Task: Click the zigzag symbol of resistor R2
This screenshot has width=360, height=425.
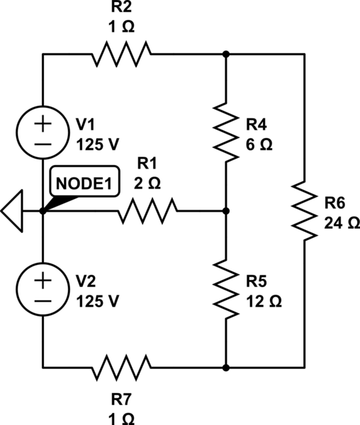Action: coord(121,55)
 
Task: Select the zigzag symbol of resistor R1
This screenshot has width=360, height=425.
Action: coord(147,210)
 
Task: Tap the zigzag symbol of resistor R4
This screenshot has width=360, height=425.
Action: coord(226,132)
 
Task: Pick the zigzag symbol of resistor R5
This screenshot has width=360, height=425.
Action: coord(226,289)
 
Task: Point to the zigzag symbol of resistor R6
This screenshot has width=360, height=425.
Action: coord(304,211)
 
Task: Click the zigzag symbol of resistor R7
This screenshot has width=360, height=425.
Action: coord(121,367)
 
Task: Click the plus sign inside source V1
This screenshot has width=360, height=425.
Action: coord(43,124)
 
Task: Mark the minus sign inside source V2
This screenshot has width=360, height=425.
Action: coord(43,301)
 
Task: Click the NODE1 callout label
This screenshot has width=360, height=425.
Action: coord(84,181)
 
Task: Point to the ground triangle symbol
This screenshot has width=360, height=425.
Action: coord(11,211)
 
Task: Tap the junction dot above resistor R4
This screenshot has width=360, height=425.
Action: coord(226,55)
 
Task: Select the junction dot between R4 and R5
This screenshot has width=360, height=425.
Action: coord(226,210)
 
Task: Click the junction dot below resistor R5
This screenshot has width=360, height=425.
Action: coord(226,367)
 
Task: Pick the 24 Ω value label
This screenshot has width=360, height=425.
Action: coord(342,223)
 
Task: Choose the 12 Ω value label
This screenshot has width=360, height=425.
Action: coord(264,301)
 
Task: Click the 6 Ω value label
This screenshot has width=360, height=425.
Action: coord(259,144)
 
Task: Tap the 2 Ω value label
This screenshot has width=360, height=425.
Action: coord(147,183)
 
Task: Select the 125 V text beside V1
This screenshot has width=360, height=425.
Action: coord(98,144)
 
